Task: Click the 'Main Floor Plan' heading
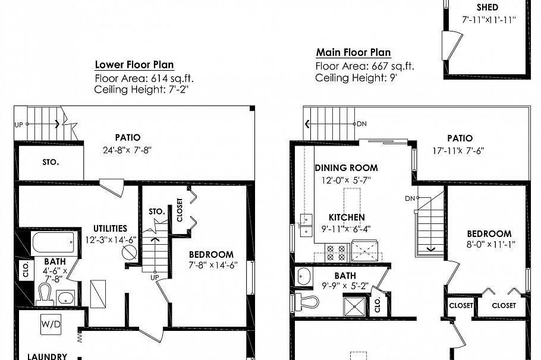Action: [x=353, y=53]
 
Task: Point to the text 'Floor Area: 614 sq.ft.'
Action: [x=144, y=78]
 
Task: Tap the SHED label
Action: [x=487, y=8]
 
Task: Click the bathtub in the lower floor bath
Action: [x=53, y=242]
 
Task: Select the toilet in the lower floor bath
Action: [x=45, y=294]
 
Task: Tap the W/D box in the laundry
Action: [x=49, y=324]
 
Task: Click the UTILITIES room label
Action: [x=110, y=228]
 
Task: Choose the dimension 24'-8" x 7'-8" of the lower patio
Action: [x=127, y=150]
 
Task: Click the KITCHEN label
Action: [x=347, y=217]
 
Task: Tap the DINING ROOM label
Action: [x=346, y=168]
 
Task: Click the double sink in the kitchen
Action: [x=306, y=225]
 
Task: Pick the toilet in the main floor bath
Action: [x=307, y=301]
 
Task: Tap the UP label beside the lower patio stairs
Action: [x=18, y=125]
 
